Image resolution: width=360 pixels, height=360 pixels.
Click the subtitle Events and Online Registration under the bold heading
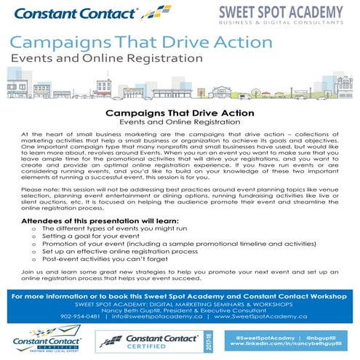tap(180, 123)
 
